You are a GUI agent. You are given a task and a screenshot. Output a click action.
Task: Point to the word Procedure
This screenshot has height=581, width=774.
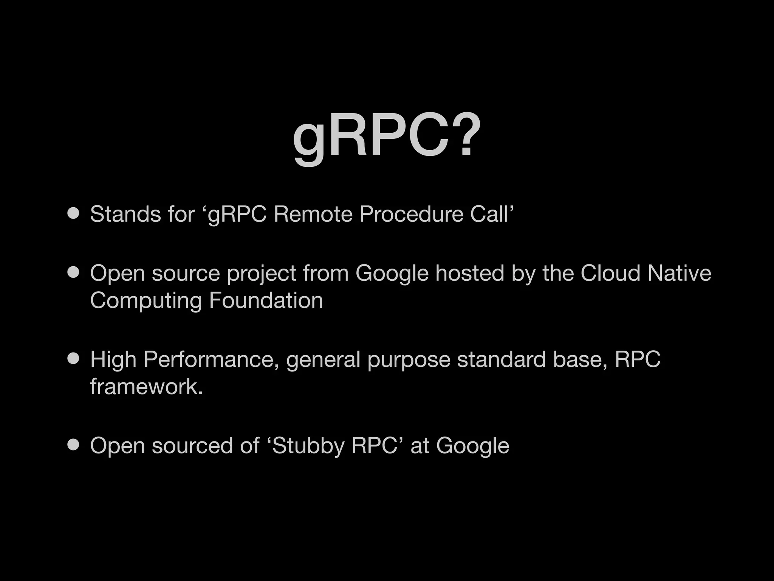point(411,214)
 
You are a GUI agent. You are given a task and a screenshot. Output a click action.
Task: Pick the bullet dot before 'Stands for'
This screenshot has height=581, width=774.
point(73,213)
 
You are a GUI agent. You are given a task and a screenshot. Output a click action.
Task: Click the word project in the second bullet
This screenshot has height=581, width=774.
point(261,274)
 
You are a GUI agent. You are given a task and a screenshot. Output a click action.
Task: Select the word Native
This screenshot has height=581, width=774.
point(679,273)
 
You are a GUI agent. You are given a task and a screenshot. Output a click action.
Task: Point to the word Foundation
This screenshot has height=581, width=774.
point(266,300)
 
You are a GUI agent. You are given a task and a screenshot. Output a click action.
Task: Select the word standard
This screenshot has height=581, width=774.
point(501,359)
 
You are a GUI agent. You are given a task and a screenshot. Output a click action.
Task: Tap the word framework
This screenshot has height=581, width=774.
point(146,387)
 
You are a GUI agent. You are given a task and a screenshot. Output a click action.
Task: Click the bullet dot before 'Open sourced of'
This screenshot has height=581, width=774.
point(73,445)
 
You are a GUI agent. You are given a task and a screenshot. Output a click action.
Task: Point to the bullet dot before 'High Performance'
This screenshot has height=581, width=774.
point(73,359)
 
